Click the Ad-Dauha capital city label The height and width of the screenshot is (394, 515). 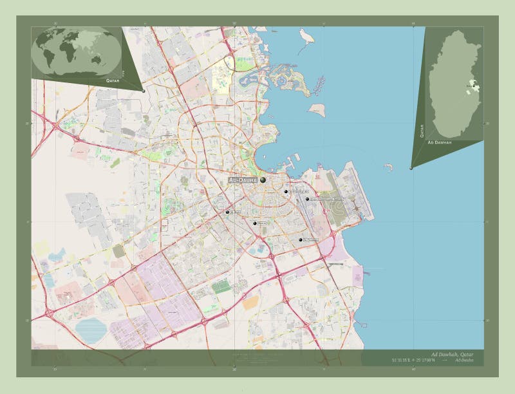click(x=243, y=181)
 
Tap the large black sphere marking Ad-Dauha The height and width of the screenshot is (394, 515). click(x=263, y=180)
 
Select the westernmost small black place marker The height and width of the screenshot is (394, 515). click(x=227, y=212)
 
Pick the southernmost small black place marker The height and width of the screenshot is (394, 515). click(x=301, y=239)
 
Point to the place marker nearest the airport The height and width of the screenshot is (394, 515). click(x=308, y=199)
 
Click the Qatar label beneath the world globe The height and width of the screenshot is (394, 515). click(x=114, y=82)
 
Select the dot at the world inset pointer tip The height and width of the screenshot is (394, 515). click(x=143, y=91)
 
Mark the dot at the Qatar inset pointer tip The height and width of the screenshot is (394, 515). click(x=411, y=169)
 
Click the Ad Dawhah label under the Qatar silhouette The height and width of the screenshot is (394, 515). click(x=439, y=142)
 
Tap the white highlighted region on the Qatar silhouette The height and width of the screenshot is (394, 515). click(x=473, y=84)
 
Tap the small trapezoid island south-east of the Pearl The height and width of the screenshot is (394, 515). click(x=317, y=110)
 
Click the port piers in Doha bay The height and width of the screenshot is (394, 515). click(x=293, y=156)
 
